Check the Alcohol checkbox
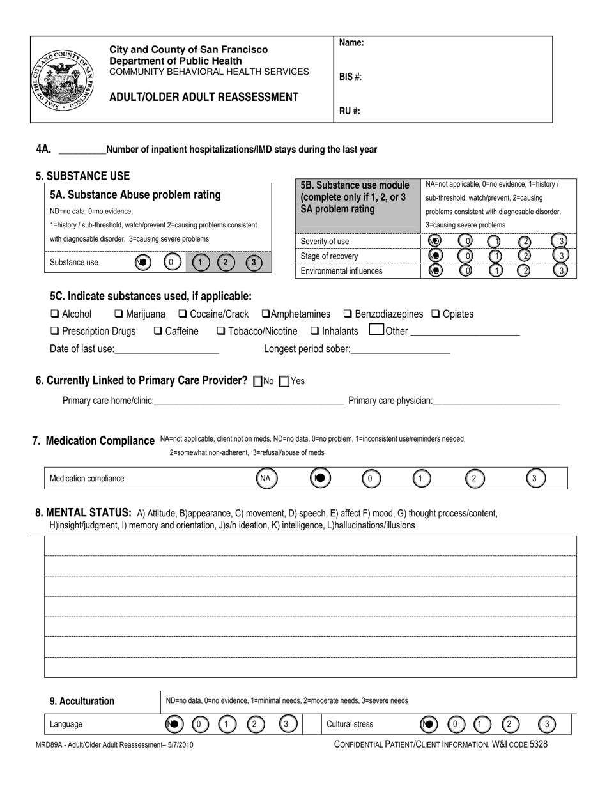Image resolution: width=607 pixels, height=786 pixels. pos(54,314)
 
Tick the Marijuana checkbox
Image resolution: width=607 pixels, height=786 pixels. pos(119,314)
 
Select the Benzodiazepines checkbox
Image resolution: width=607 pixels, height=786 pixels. pos(348,314)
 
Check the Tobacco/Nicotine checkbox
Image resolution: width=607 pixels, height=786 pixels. pos(220,331)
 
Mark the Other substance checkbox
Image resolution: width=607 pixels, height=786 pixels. pos(376,330)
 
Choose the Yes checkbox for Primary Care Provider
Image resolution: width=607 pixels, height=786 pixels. pos(285,381)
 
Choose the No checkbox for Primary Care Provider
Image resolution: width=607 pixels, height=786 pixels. pos(258,381)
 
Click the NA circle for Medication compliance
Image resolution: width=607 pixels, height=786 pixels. pos(266,478)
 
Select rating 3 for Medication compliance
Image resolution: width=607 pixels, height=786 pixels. pos(535,478)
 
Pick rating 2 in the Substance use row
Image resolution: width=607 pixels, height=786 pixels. pos(225,262)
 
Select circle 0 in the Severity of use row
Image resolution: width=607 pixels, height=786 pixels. pos(466,241)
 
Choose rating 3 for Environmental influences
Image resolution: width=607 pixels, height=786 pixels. pos(560,270)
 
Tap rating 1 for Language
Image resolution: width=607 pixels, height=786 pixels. pos(227,724)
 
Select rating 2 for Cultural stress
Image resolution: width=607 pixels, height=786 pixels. pos(509,724)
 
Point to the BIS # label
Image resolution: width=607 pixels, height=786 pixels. pos(350,77)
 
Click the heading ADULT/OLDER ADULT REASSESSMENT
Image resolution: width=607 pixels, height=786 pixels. pos(204,97)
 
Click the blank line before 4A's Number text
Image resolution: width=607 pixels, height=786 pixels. pos(82,151)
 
